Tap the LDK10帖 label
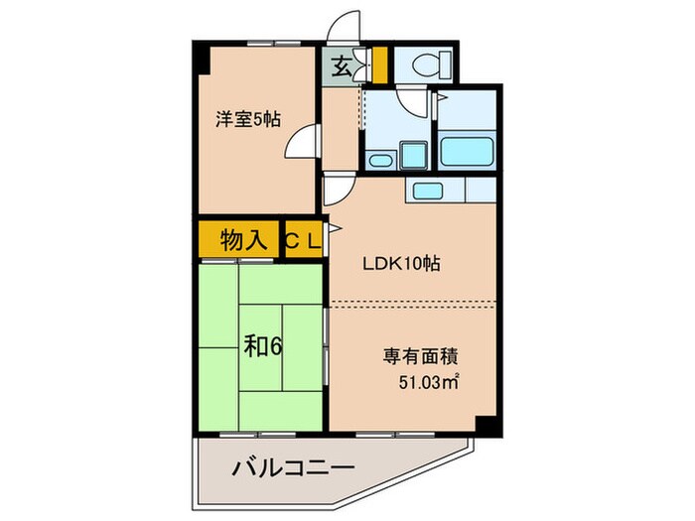(x=400, y=265)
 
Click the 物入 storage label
(x=241, y=239)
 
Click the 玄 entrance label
(x=341, y=67)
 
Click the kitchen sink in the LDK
(x=428, y=191)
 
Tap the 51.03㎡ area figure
(x=427, y=380)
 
